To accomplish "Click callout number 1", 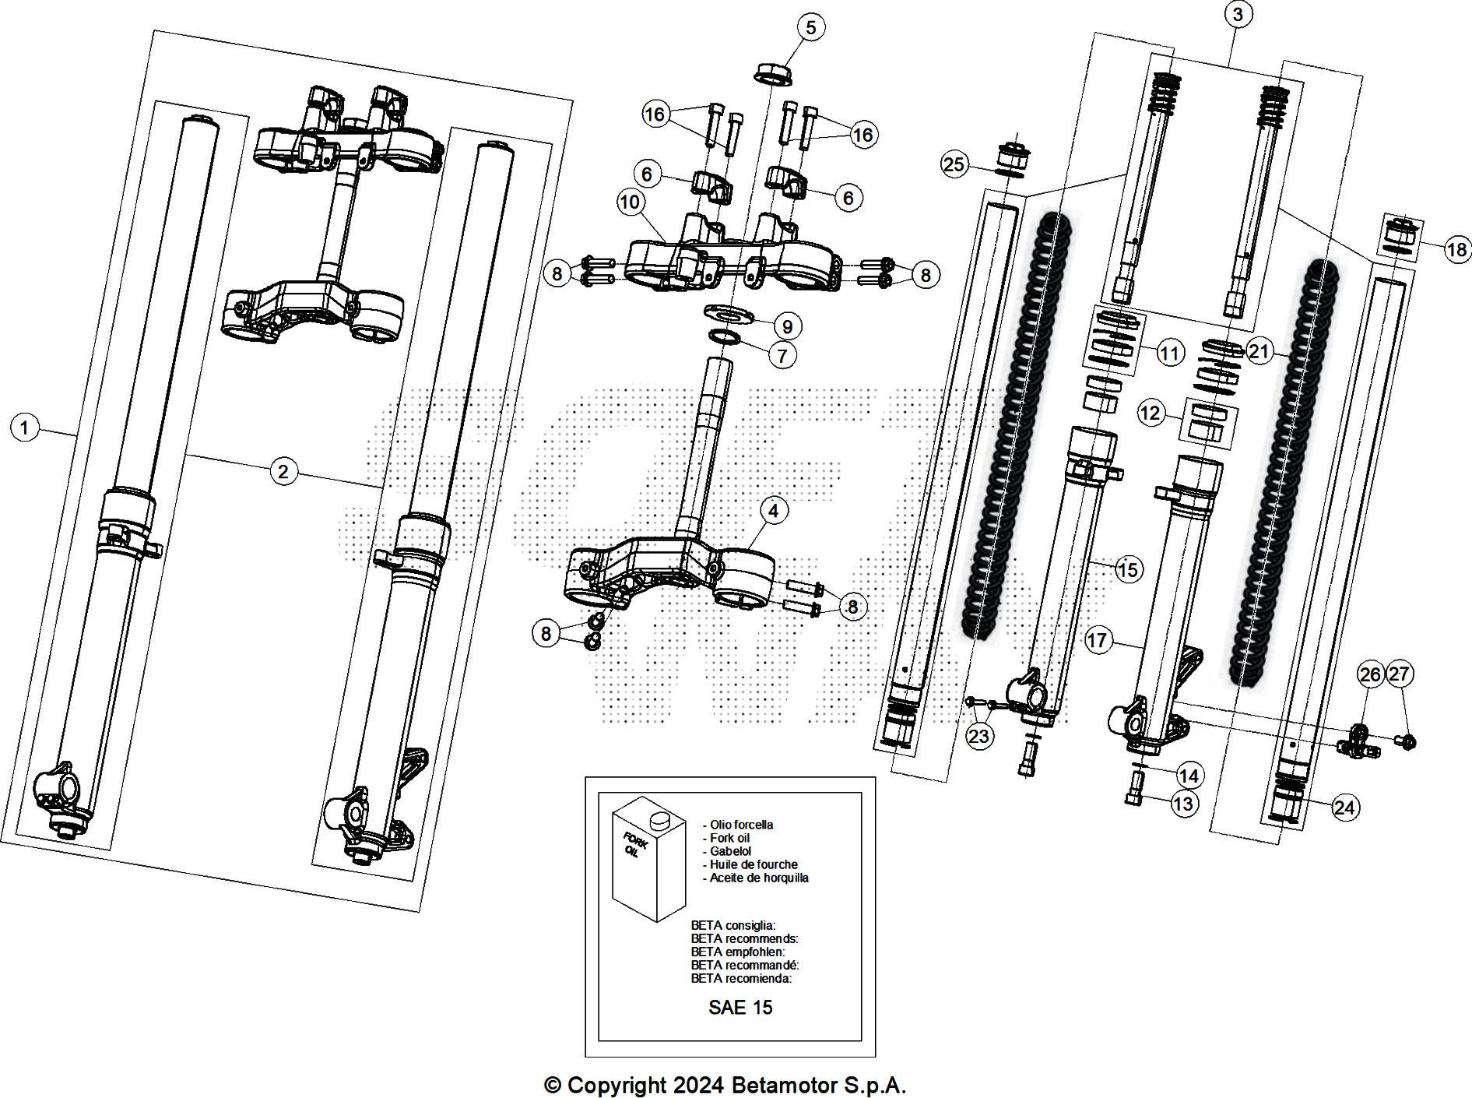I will [x=25, y=428].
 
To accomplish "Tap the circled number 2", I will [x=283, y=470].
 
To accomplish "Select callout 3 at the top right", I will [x=1238, y=14].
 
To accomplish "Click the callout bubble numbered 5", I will [x=810, y=28].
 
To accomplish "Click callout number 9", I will [x=788, y=326].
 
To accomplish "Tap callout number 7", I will [x=782, y=356].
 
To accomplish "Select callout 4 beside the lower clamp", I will [x=773, y=511].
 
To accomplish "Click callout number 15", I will [x=1127, y=570].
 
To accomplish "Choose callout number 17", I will [x=1097, y=640].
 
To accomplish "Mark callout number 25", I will [x=954, y=164].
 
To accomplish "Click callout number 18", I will [x=1456, y=249].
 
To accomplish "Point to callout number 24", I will [x=1344, y=808].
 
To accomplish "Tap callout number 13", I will [x=1184, y=803].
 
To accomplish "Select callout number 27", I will [x=1399, y=674].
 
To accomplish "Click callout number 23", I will [x=979, y=736].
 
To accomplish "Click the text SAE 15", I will [x=740, y=1008].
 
